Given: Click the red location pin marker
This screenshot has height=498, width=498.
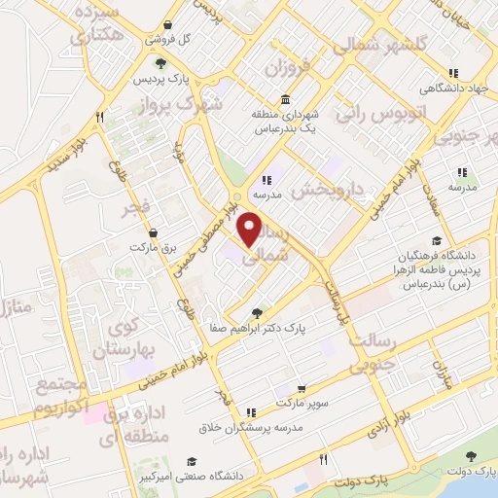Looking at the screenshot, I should [251, 229].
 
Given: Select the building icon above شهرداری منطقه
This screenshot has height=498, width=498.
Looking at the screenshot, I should [284, 99].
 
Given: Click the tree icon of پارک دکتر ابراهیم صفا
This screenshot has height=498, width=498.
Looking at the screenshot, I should [256, 313].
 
